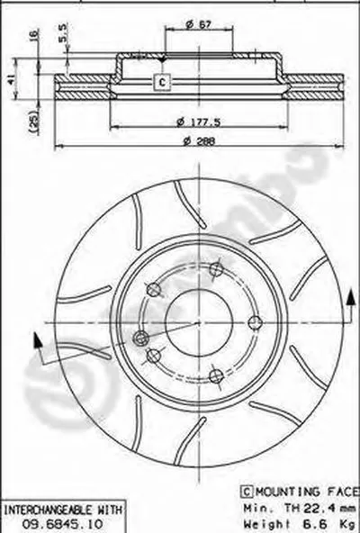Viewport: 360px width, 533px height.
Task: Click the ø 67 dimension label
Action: click(199, 24)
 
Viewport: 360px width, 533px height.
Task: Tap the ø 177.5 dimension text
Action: click(199, 122)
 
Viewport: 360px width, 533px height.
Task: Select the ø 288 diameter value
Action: click(199, 141)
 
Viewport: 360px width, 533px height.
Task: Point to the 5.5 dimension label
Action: click(63, 33)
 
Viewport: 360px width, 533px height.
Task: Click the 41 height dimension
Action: click(11, 79)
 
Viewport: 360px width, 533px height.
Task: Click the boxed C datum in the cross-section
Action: click(162, 82)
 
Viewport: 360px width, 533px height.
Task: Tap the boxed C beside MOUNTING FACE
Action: click(247, 492)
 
